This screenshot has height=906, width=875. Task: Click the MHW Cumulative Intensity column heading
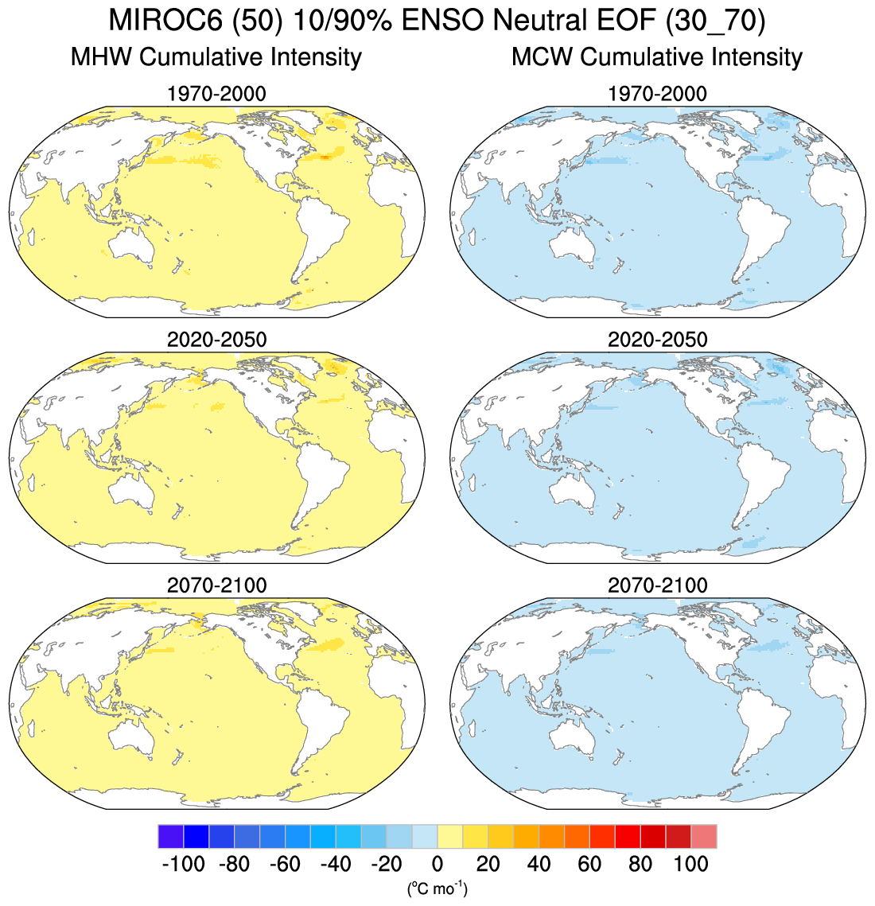click(216, 57)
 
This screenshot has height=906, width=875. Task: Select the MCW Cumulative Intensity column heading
click(657, 57)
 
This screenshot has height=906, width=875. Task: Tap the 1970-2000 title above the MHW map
click(216, 94)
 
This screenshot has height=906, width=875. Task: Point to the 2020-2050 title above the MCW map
click(657, 340)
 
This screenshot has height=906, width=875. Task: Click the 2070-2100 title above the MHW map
click(216, 585)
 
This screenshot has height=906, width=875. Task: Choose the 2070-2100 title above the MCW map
click(657, 585)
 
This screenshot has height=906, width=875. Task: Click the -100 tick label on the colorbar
click(183, 864)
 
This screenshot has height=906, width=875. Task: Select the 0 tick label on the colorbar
click(437, 864)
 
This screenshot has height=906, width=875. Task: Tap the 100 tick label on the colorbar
click(690, 864)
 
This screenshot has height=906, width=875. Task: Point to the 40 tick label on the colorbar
click(539, 864)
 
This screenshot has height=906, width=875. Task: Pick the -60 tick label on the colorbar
click(285, 864)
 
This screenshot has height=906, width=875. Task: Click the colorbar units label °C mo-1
click(437, 888)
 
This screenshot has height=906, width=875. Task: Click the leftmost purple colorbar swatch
click(171, 837)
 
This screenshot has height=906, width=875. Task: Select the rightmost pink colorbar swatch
click(704, 837)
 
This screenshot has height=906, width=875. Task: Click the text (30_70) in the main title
click(716, 21)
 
